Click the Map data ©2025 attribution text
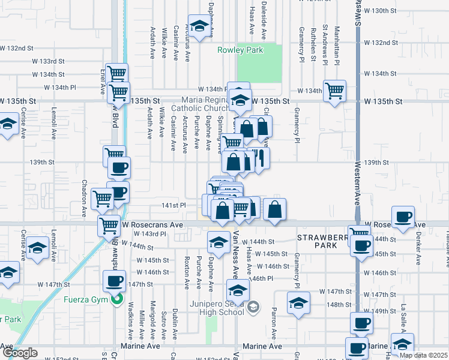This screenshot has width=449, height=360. (x=426, y=355)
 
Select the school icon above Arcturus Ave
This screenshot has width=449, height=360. (x=199, y=26)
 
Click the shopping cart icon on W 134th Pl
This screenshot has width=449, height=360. (x=334, y=92)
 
